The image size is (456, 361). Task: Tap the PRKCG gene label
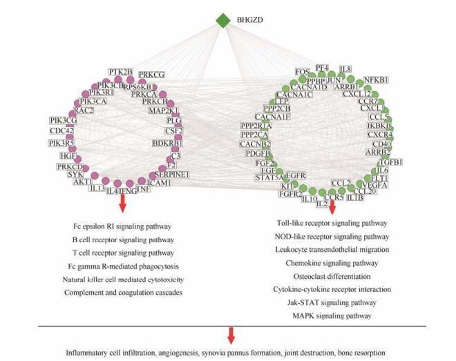point(152,75)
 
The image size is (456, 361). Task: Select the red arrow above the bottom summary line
point(231,335)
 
